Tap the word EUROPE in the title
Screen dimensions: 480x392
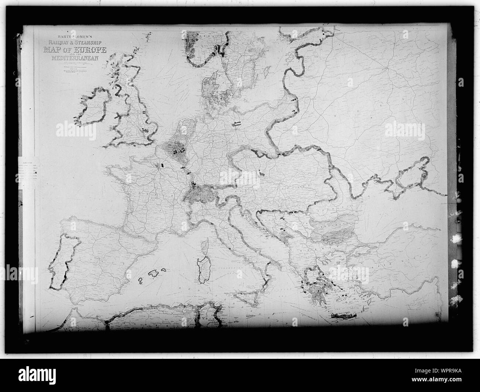90,50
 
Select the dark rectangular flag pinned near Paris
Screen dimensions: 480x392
161,165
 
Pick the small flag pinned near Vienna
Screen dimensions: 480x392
261,172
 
